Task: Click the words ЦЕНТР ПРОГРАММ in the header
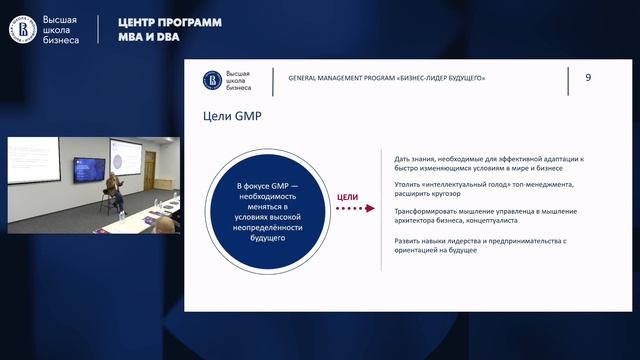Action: click(x=169, y=22)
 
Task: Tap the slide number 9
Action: click(x=588, y=77)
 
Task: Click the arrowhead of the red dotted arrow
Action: click(x=371, y=210)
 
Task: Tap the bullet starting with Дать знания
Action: click(x=489, y=164)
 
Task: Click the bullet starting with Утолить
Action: click(x=483, y=190)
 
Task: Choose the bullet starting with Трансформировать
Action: click(x=487, y=215)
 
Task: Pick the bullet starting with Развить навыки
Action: click(x=480, y=245)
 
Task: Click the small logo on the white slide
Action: click(x=212, y=78)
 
